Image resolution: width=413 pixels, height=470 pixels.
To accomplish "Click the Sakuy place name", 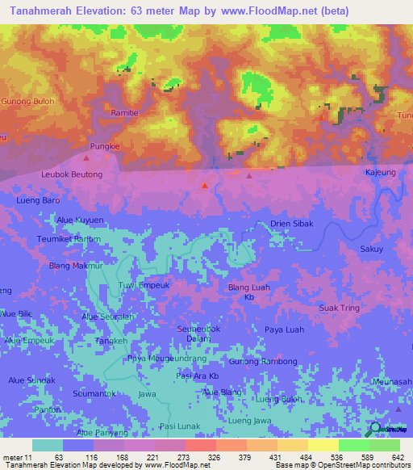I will click(x=372, y=250).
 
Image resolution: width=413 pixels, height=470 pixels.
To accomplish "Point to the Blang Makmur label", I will click(x=77, y=265).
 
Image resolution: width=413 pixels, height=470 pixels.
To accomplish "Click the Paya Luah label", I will click(x=284, y=329).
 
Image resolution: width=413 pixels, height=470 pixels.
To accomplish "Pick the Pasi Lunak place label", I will click(x=179, y=426).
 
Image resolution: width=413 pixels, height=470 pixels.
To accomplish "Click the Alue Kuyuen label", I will click(x=80, y=220).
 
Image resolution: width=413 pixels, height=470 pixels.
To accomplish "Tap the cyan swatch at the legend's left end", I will click(x=47, y=445).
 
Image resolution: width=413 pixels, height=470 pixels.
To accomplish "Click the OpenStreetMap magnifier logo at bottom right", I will click(x=374, y=429).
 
